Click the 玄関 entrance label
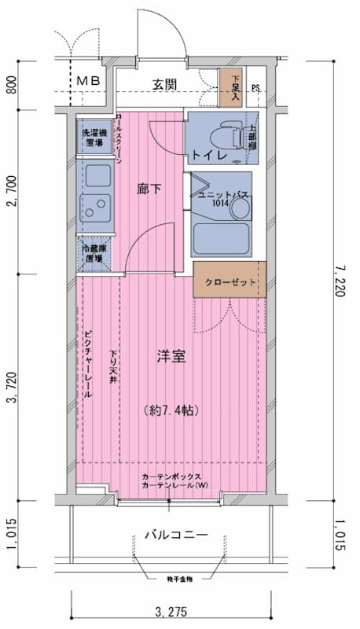coord(164,85)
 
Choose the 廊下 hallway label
coord(149,189)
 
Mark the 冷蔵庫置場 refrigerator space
coord(94,254)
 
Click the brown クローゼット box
coord(230,281)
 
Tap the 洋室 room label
coord(171,356)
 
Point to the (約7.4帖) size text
coord(171,410)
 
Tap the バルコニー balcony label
coord(176,535)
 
